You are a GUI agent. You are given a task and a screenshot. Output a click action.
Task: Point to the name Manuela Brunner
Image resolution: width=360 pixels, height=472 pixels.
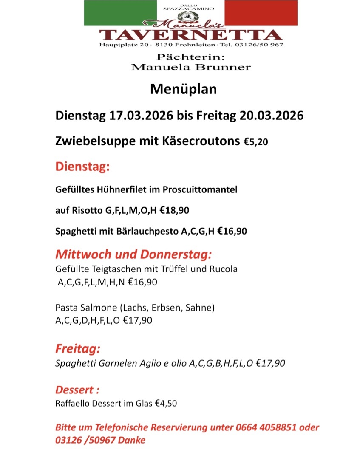[x=191, y=67]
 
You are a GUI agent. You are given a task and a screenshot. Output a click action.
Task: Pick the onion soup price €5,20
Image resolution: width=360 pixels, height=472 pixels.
[x=256, y=142]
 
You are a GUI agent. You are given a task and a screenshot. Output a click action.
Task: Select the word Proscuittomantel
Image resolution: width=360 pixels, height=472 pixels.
[x=200, y=189]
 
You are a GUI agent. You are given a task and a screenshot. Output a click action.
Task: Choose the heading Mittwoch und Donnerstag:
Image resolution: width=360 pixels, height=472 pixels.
[x=133, y=255]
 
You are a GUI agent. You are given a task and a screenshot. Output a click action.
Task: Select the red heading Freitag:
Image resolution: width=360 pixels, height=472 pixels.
[x=78, y=349]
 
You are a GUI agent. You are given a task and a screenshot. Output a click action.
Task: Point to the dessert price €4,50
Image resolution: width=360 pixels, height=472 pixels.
[x=166, y=404]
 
